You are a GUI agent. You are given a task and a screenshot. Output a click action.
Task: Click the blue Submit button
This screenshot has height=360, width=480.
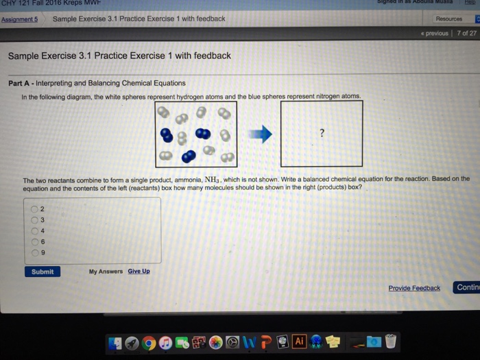[x=42, y=272]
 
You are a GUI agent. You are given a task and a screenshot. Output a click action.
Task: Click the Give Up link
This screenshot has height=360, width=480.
[x=139, y=272]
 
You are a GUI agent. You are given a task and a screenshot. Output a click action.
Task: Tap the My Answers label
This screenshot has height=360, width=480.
[x=106, y=272]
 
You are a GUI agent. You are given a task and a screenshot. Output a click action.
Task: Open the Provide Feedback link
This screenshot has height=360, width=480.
[x=413, y=288]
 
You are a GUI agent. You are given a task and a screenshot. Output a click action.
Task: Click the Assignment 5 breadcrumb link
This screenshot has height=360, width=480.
[x=19, y=19]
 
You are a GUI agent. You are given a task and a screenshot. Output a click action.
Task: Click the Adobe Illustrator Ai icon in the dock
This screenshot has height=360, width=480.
[x=299, y=341]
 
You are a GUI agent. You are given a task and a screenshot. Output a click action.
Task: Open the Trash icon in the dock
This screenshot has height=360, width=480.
[x=391, y=341]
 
